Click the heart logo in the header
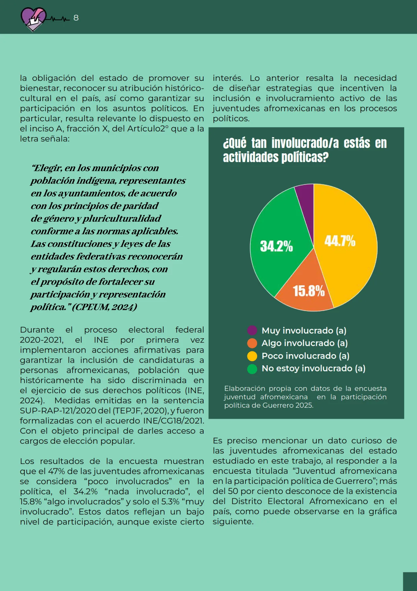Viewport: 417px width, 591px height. pos(33,19)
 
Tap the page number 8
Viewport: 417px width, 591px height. pos(76,18)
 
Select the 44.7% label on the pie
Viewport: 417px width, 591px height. pos(340,241)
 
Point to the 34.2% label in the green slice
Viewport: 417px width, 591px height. pos(276,246)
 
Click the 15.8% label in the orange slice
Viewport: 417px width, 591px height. pos(309,291)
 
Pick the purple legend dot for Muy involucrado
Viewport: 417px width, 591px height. pos(252,331)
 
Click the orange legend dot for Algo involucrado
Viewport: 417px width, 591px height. pos(252,343)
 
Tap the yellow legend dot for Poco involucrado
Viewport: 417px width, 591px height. pos(252,356)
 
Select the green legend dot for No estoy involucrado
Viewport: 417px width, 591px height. pos(252,369)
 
